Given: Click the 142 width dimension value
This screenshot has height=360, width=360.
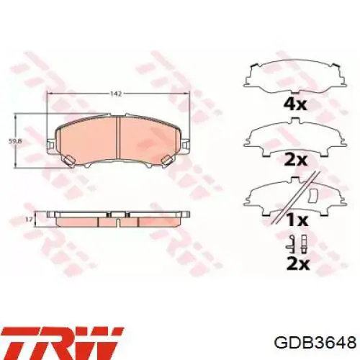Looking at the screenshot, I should pos(116,94).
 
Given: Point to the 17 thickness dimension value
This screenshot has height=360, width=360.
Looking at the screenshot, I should pos(29,218).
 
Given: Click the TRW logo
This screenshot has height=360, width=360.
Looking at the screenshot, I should pos(61,338).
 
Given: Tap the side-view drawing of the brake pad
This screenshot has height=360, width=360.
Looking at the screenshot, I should pos(116,219).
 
